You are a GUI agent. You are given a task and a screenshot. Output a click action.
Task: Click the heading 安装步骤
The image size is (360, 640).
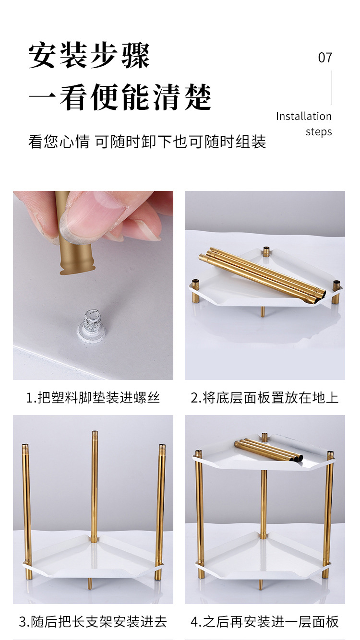[x=89, y=56]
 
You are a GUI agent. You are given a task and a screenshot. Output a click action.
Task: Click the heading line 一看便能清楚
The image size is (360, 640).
[x=120, y=97]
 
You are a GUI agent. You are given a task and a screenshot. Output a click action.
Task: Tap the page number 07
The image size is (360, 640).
[x=325, y=58]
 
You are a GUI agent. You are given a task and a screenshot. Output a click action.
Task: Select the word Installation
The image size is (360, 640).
[x=303, y=117]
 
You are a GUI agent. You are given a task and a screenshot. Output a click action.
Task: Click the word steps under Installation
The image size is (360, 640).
[x=319, y=132]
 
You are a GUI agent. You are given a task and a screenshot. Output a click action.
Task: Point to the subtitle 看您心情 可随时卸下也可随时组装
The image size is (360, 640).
[x=147, y=142]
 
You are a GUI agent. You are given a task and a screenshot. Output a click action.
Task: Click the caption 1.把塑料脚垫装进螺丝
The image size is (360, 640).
[x=93, y=398]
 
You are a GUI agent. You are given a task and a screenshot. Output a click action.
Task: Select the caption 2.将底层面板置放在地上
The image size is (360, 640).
[x=264, y=398]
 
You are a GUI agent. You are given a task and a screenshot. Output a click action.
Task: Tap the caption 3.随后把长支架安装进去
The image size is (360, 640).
[x=93, y=622]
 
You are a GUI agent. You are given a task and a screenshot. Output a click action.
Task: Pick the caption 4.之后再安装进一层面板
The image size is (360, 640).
[x=264, y=622]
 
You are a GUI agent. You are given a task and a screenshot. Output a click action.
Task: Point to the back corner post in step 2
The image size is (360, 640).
[x=266, y=251]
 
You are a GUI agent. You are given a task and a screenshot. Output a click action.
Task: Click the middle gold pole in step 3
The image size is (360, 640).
[x=95, y=485]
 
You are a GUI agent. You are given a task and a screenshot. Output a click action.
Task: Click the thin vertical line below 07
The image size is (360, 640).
[x=332, y=88]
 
